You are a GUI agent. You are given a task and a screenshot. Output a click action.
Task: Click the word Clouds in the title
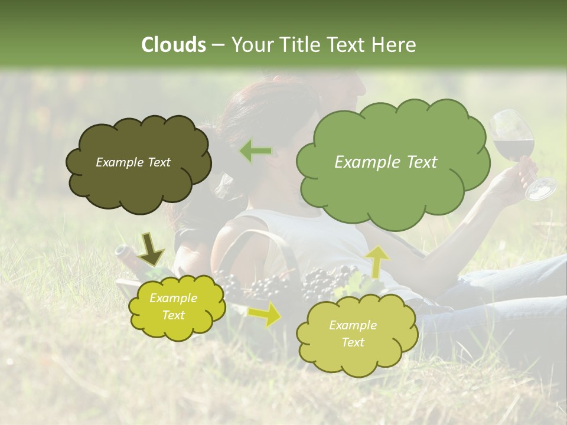174,45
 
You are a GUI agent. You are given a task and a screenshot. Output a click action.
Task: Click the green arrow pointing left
256,152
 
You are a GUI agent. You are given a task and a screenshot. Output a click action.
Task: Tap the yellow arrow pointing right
265,315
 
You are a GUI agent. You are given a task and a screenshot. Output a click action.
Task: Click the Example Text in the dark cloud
133,162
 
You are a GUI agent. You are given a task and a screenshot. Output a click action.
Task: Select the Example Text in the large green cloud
386,162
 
